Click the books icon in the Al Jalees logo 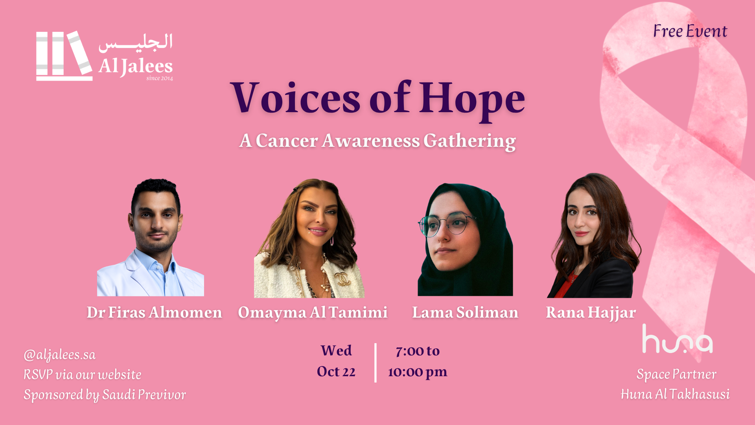tap(64, 55)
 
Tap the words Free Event tap(690, 31)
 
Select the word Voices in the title tap(295, 97)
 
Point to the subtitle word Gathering tap(470, 141)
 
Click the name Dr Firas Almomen tap(154, 312)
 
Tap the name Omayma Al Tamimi tap(313, 312)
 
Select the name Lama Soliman tap(465, 312)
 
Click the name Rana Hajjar tap(591, 313)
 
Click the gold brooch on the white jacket tap(343, 279)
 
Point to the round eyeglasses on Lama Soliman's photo tap(446, 225)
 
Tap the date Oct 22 tap(336, 371)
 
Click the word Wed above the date tap(336, 350)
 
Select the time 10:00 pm tap(418, 372)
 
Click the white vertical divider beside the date tap(376, 362)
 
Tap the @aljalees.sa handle tap(59, 355)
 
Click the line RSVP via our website tap(82, 374)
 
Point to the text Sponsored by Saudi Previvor tap(105, 395)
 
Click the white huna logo tap(677, 339)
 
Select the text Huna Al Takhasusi tap(675, 394)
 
